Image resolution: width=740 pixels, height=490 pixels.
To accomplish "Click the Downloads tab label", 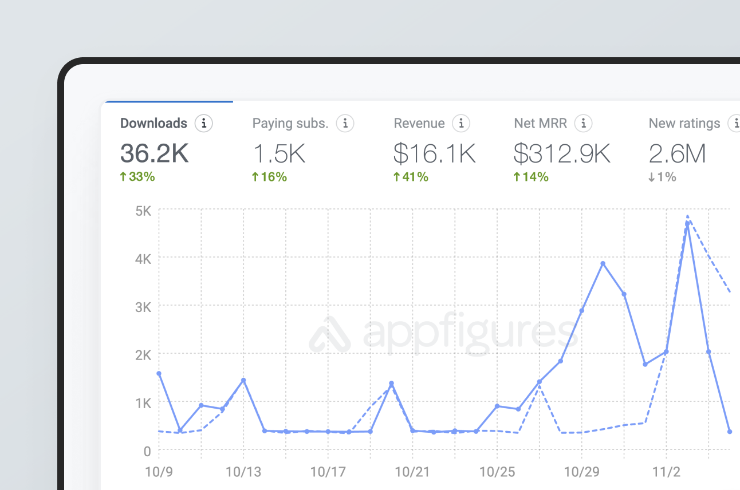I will [153, 123].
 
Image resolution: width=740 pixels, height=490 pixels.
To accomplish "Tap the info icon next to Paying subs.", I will [345, 123].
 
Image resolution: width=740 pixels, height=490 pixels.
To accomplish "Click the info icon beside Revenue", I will [461, 123].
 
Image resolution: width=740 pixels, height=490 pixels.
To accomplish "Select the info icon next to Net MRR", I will [583, 123].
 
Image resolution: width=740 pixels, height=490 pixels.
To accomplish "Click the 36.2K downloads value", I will [154, 153].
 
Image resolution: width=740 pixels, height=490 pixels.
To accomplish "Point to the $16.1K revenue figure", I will [434, 153].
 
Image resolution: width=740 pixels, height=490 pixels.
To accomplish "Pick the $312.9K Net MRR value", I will [561, 153].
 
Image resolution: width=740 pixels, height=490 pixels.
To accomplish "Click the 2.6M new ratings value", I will [677, 153].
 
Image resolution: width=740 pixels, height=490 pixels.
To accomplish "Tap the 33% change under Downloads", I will [137, 177].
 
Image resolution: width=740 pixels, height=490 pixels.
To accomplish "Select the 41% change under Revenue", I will [411, 177].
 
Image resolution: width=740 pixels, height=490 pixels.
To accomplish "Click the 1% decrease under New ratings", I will [662, 177].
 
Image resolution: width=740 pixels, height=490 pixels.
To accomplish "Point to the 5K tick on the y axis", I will [143, 210].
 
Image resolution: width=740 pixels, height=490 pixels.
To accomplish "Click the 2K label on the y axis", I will [143, 355].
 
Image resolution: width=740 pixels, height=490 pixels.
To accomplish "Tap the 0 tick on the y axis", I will [147, 451].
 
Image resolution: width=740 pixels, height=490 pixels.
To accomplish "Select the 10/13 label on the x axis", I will [243, 472].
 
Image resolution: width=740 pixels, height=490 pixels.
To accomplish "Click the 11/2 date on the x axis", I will [666, 472].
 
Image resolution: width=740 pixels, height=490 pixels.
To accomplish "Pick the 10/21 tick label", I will [412, 472].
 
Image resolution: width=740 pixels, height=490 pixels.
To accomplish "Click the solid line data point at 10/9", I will [159, 374].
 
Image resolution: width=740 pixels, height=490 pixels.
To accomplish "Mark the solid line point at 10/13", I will [243, 380].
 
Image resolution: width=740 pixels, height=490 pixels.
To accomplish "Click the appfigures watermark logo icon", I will [329, 335].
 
